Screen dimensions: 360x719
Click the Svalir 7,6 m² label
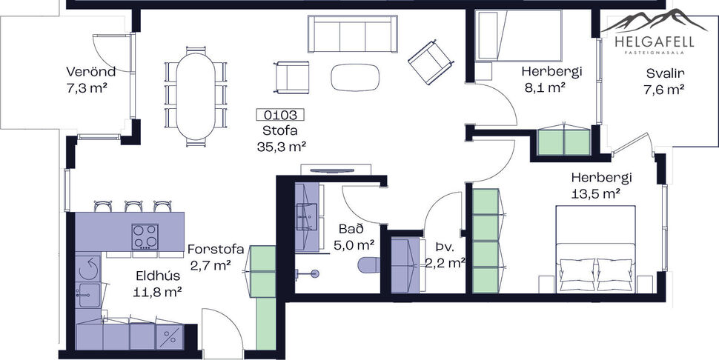[x=664, y=81]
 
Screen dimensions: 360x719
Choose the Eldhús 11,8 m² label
[x=159, y=284]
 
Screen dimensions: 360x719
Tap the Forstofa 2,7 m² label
[x=216, y=256]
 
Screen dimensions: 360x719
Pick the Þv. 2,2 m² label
[x=444, y=255]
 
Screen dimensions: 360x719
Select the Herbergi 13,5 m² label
[x=600, y=185]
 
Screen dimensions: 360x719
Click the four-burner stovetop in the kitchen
[x=145, y=237]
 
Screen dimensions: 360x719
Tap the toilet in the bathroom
[x=368, y=264]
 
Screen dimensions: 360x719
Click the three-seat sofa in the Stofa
[x=350, y=33]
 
